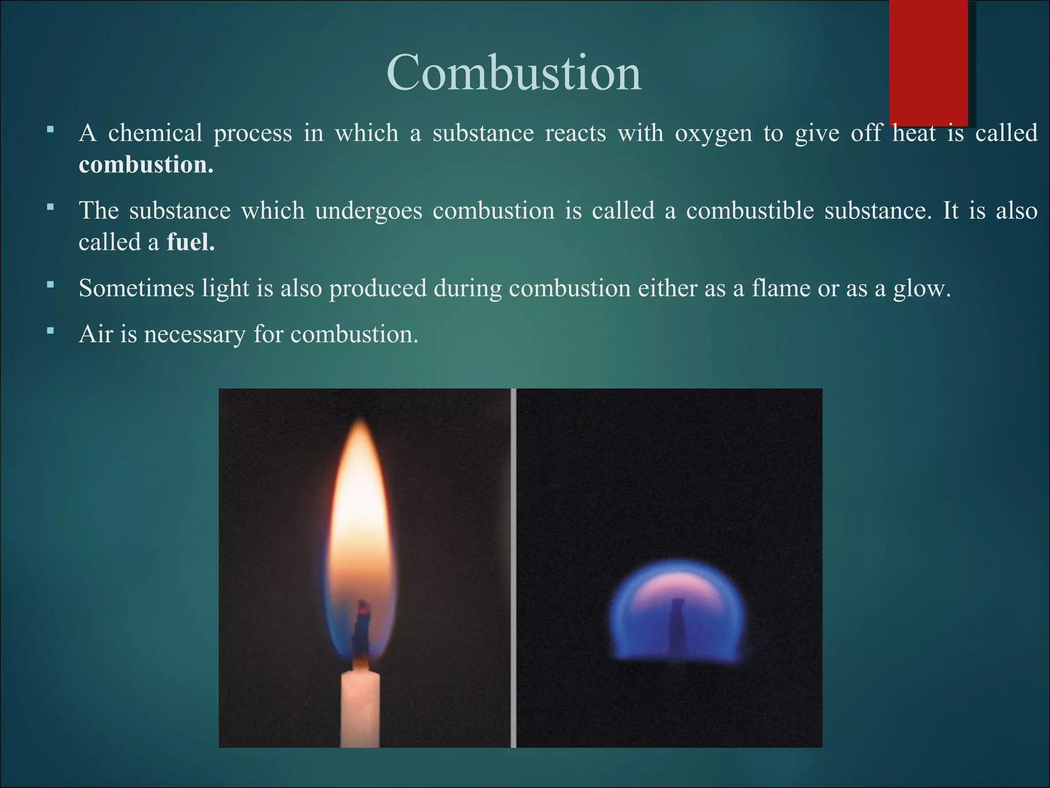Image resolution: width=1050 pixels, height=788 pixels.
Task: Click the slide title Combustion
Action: click(514, 73)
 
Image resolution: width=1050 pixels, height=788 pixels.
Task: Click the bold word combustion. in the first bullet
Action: click(146, 165)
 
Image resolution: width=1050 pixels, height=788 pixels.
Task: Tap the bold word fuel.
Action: click(191, 242)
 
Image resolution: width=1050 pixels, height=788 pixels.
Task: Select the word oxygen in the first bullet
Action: click(713, 133)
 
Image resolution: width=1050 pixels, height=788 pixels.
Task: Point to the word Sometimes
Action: click(136, 288)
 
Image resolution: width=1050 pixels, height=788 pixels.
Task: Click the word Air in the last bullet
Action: click(95, 334)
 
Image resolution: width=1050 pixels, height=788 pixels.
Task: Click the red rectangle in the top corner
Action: click(928, 62)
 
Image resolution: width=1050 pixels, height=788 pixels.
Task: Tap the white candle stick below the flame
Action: click(360, 708)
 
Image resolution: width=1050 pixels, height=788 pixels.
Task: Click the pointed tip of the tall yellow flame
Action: click(361, 423)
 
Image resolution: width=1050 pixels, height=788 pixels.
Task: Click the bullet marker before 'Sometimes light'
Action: click(50, 284)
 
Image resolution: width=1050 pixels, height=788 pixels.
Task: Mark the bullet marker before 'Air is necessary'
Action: click(50, 331)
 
